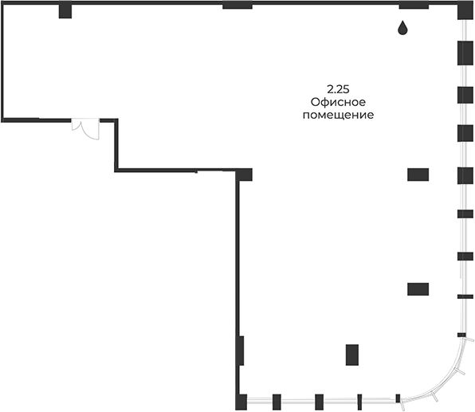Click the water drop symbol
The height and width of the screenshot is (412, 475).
click(402, 28)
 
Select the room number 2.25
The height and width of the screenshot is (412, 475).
click(338, 89)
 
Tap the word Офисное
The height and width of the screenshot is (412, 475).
click(338, 102)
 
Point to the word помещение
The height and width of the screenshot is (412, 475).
click(338, 115)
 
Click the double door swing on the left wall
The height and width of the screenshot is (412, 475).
click(85, 129)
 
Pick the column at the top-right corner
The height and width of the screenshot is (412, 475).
click(465, 10)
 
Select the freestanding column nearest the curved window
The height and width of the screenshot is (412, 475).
click(352, 355)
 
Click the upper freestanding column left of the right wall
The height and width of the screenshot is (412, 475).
click(418, 175)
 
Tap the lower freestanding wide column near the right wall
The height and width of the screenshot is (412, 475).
click(418, 289)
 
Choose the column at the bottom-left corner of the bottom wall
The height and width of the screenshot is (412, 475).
click(241, 402)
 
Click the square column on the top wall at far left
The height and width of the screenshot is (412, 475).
click(65, 10)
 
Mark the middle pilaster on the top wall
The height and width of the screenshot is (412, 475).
click(237, 5)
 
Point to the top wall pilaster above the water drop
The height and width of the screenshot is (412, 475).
click(414, 5)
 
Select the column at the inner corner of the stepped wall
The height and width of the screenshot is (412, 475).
click(244, 175)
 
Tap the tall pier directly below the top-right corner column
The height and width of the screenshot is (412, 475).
click(465, 53)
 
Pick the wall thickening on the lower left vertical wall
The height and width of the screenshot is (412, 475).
click(241, 351)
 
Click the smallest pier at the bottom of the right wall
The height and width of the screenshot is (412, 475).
click(461, 335)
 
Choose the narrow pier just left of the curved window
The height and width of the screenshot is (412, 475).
click(398, 398)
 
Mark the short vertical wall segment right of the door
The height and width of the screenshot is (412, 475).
click(116, 145)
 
